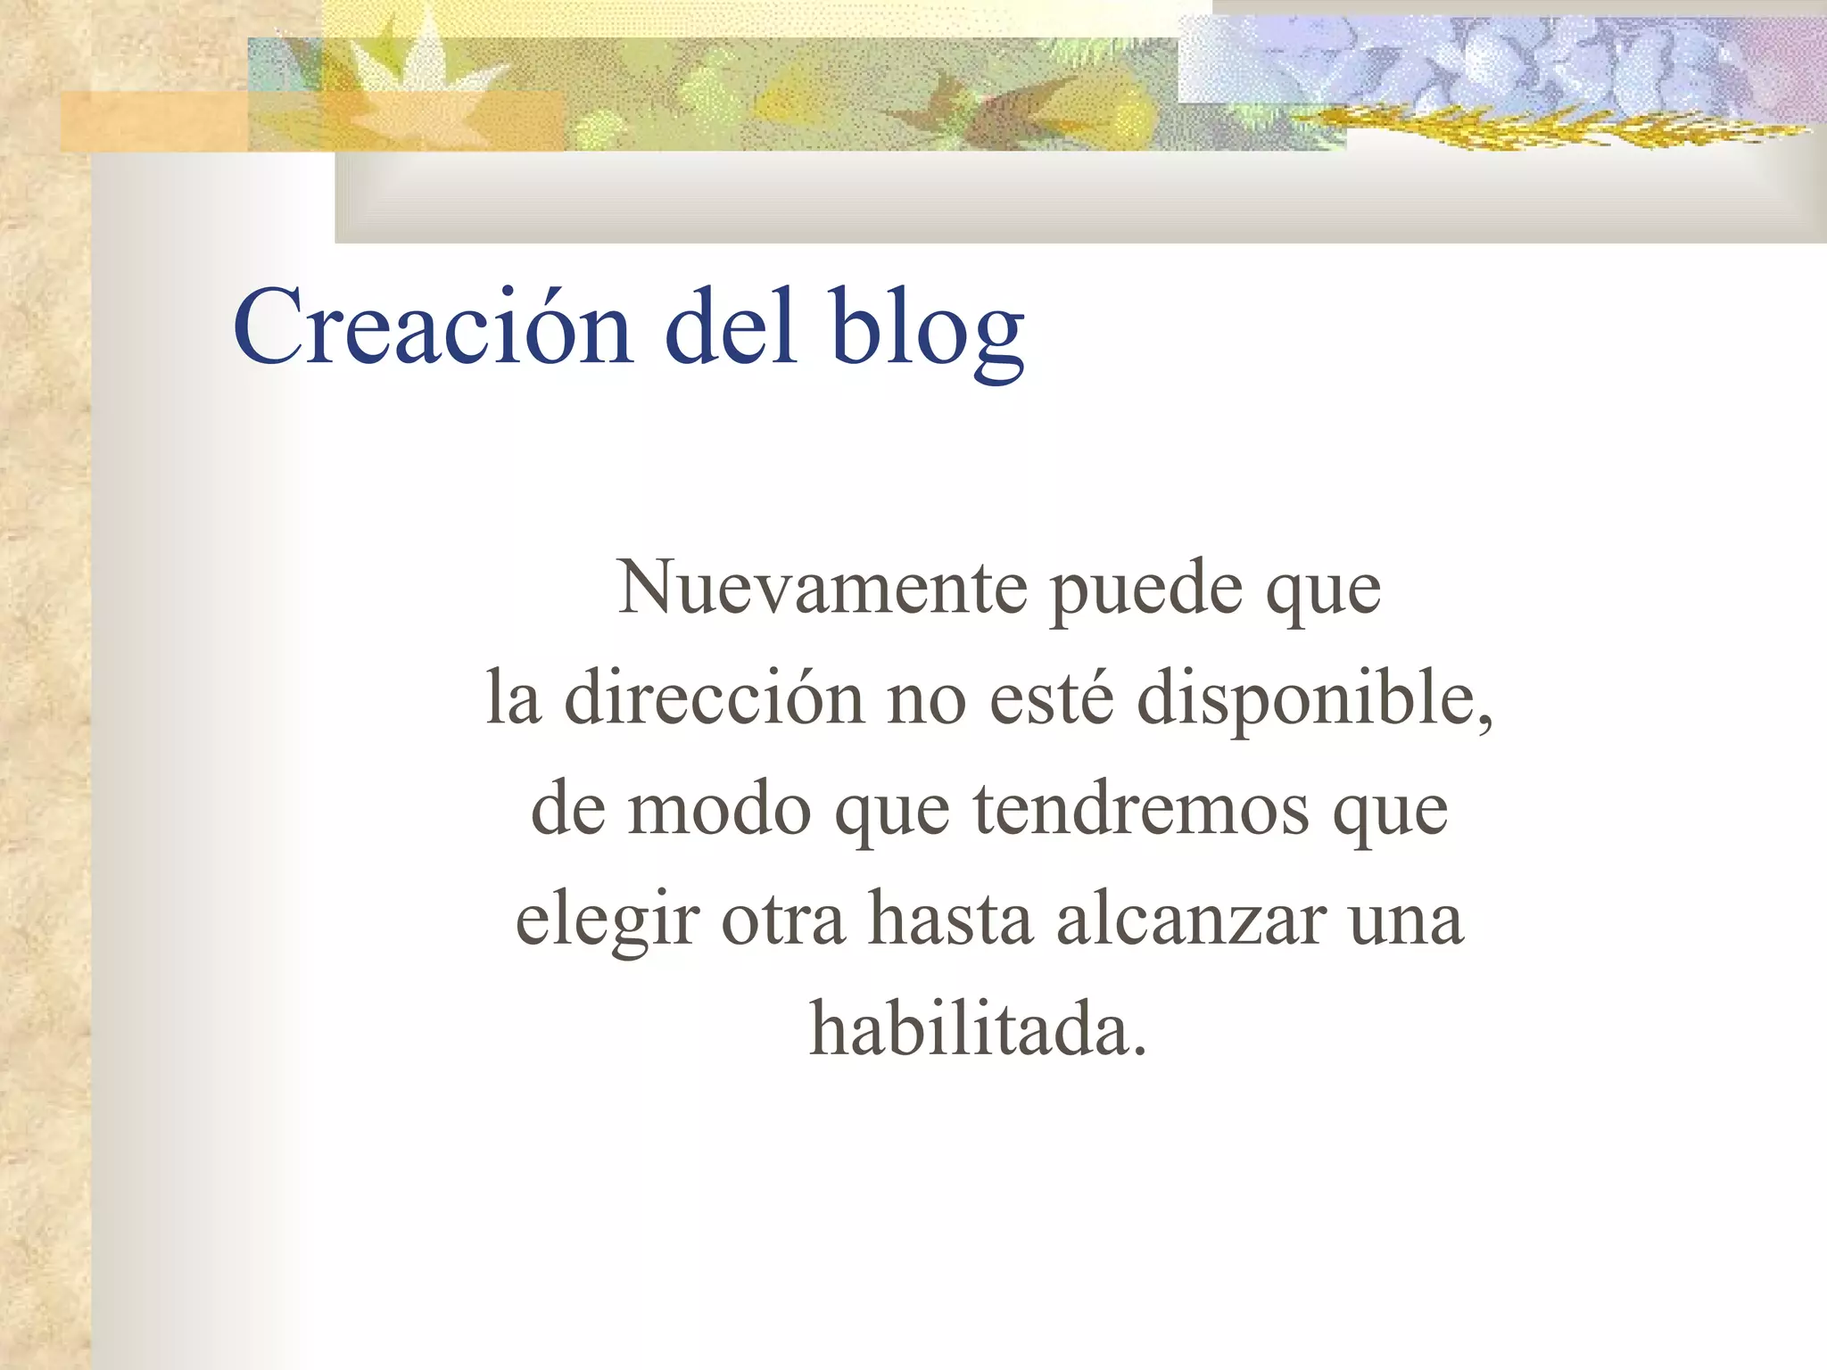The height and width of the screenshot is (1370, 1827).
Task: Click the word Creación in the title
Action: tap(433, 326)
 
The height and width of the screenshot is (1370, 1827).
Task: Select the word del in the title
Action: tap(731, 326)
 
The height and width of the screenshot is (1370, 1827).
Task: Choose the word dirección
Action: tap(714, 697)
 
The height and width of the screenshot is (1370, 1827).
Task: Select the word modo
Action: tap(719, 808)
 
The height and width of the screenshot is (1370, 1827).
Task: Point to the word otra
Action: tap(782, 920)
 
